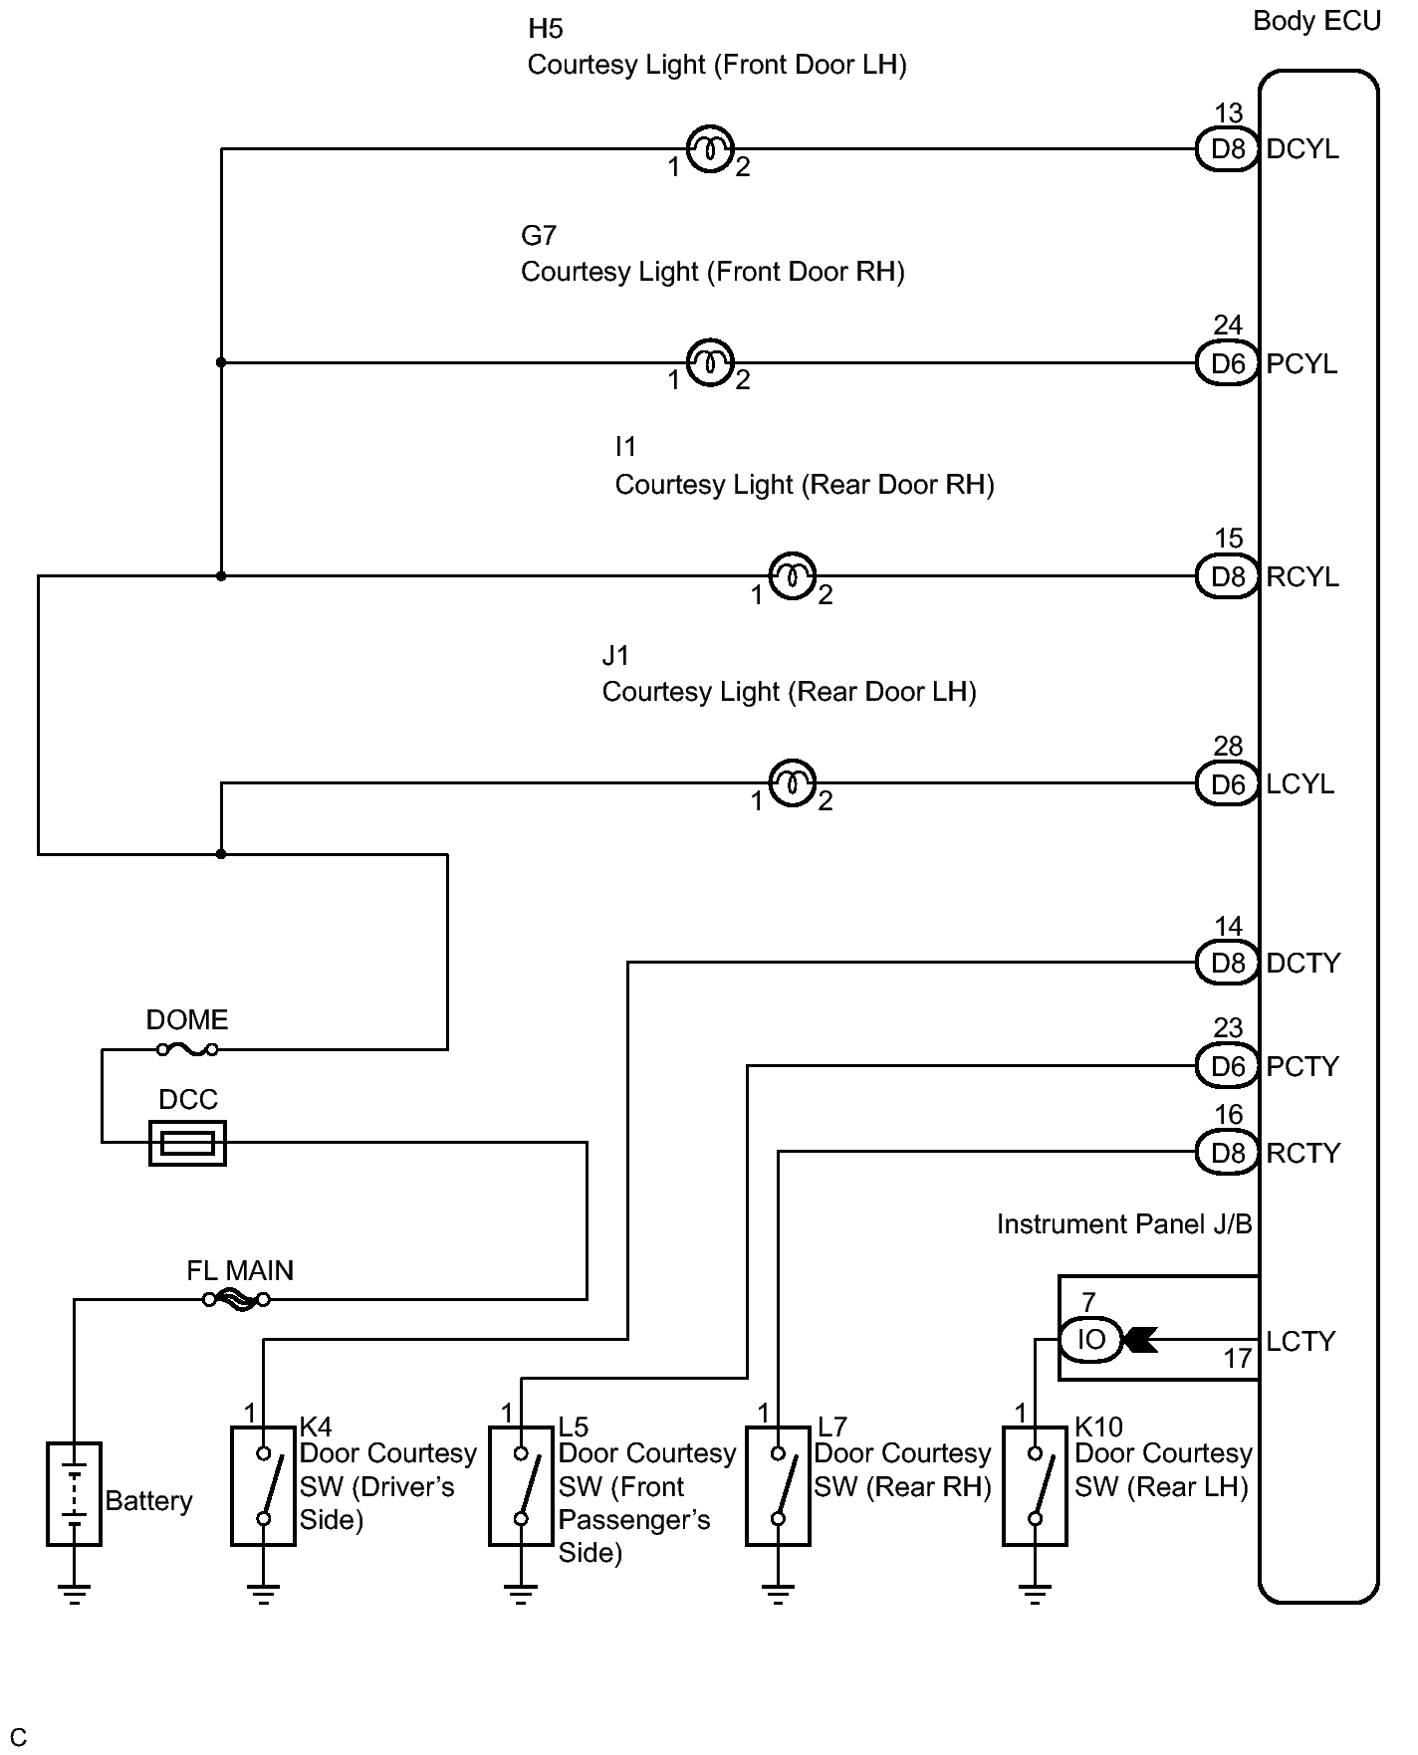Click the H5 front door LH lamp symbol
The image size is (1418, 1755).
(x=710, y=149)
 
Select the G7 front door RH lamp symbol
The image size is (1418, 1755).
(x=710, y=363)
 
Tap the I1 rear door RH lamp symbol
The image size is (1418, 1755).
(x=793, y=575)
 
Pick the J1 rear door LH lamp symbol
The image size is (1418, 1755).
(x=793, y=783)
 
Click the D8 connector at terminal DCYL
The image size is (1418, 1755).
(x=1227, y=149)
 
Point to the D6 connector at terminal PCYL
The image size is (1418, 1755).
(x=1227, y=363)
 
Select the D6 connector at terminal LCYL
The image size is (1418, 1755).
(x=1227, y=784)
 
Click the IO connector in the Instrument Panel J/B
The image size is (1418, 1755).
(x=1090, y=1340)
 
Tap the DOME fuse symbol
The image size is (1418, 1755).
(x=187, y=1049)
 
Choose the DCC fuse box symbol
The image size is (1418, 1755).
(x=187, y=1143)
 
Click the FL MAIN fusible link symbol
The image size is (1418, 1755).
(x=236, y=1299)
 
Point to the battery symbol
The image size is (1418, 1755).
(x=75, y=1493)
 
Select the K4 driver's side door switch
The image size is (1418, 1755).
(x=263, y=1485)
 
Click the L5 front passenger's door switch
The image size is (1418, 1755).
(x=521, y=1485)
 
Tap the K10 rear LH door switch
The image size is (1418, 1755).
(x=1035, y=1485)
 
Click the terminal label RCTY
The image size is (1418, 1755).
(x=1302, y=1153)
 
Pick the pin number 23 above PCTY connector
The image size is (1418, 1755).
(x=1229, y=1028)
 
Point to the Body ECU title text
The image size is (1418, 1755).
(x=1316, y=21)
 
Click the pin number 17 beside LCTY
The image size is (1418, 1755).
(x=1238, y=1359)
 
